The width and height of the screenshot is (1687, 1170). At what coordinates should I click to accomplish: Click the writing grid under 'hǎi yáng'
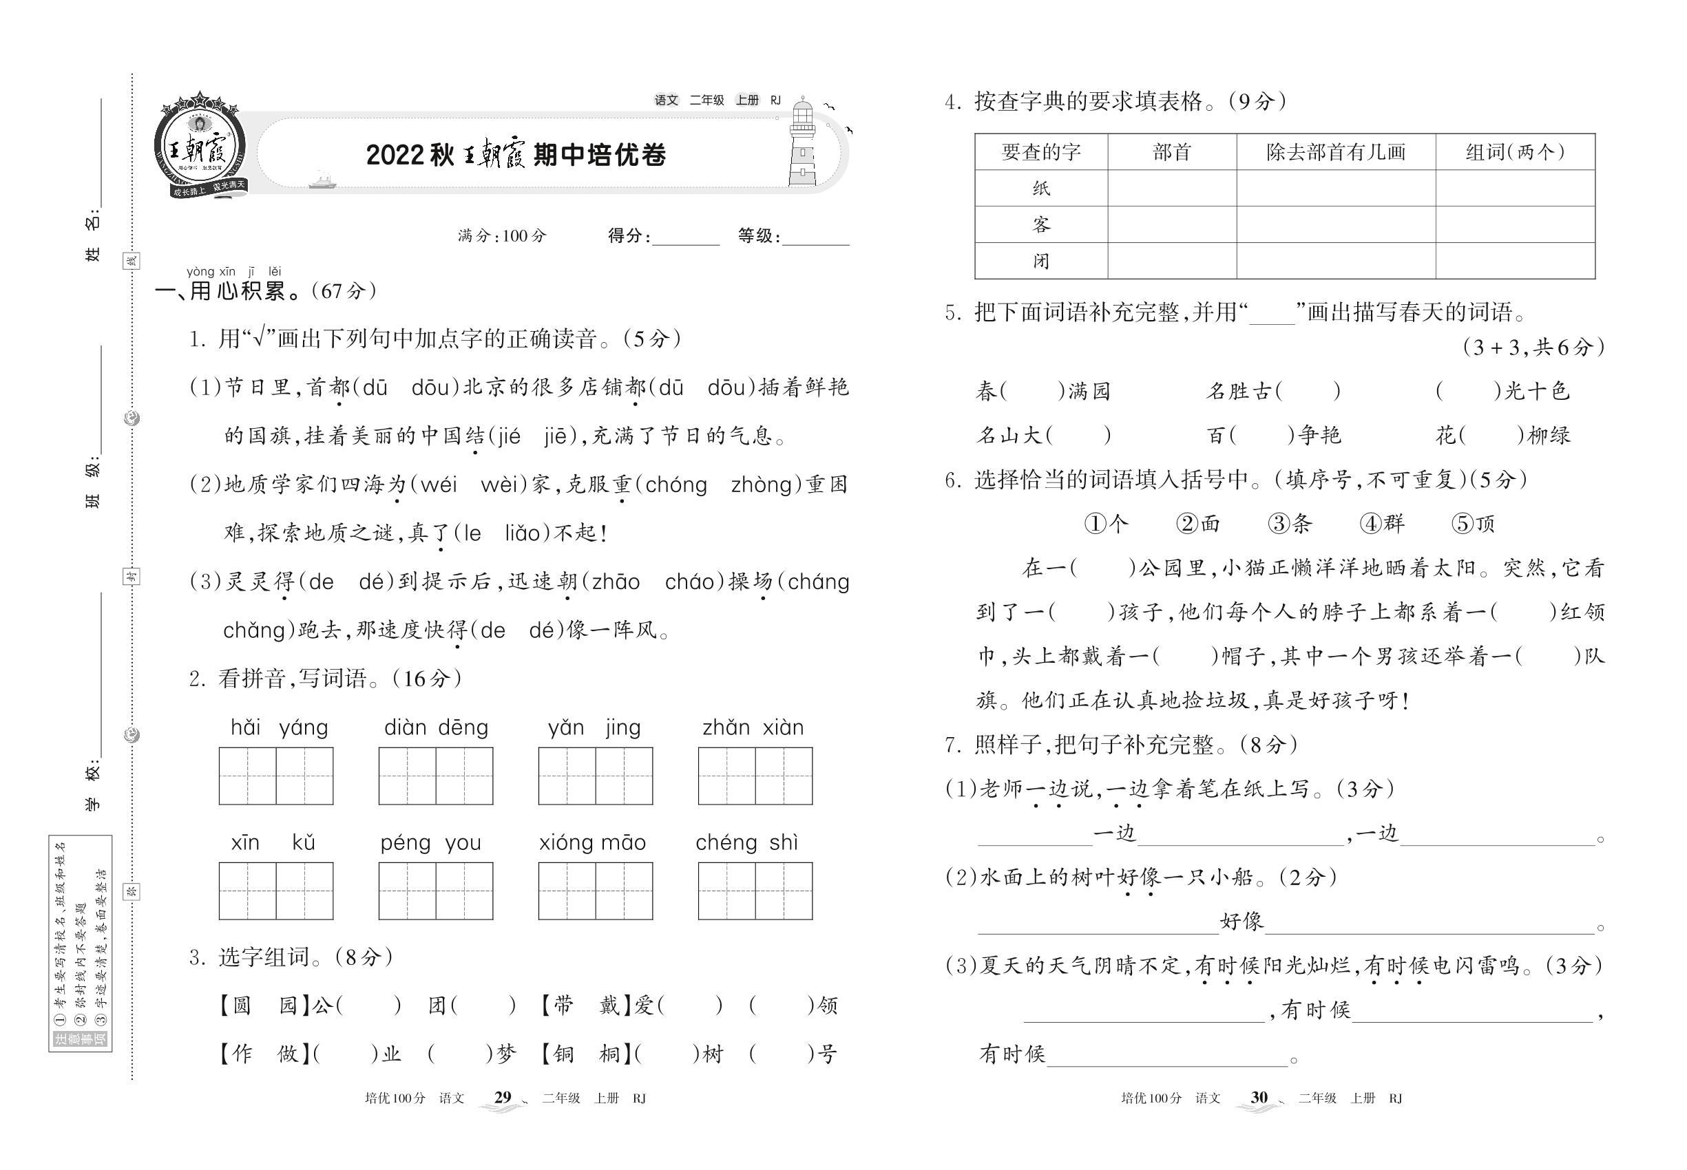(276, 776)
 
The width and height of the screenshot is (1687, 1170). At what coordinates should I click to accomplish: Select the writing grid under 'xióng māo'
(595, 891)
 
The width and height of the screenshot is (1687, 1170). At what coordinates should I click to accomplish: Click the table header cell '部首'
(1171, 151)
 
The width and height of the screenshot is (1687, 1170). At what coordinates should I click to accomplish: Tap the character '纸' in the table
(1041, 189)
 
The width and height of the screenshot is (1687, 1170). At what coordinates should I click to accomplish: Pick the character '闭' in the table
(1041, 261)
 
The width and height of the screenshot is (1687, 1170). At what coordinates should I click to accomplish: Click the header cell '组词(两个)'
(1515, 151)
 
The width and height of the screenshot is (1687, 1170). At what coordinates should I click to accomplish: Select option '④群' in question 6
(1382, 524)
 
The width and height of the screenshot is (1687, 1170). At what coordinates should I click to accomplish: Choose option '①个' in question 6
(1106, 524)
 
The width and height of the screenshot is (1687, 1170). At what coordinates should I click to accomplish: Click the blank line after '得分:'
(686, 239)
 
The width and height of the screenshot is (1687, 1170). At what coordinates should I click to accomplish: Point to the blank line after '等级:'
(816, 239)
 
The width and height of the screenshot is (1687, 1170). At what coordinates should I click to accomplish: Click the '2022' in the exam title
(395, 156)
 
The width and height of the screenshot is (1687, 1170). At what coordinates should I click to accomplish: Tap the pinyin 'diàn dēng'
(436, 727)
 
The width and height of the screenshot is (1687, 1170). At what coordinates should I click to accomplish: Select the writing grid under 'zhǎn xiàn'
(755, 776)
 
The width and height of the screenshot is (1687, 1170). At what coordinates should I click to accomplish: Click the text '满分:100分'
(503, 236)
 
